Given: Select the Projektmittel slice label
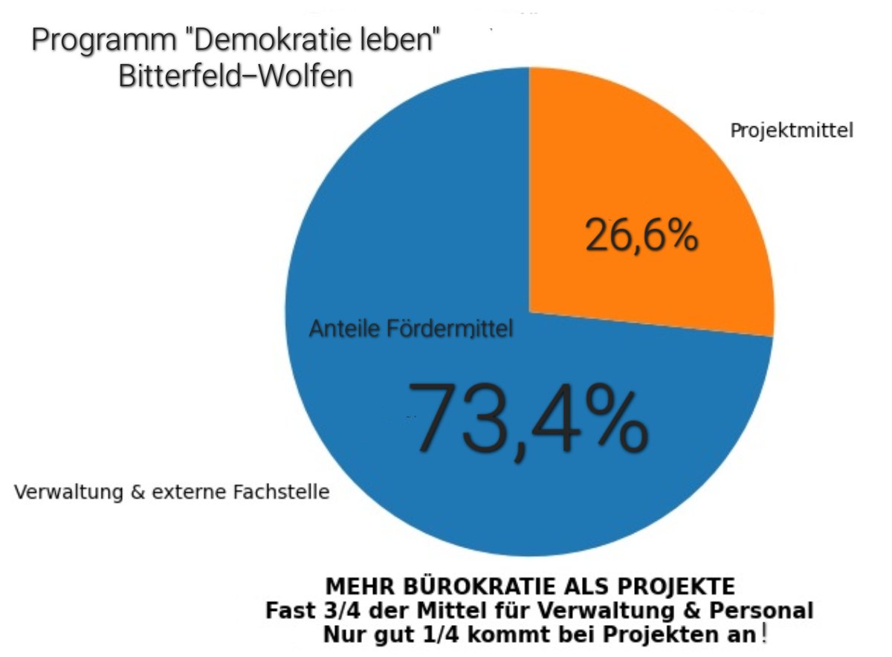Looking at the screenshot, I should click(x=791, y=131).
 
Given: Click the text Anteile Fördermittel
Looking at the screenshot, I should click(x=411, y=328).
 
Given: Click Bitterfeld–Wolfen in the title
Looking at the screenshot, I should click(x=235, y=76).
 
